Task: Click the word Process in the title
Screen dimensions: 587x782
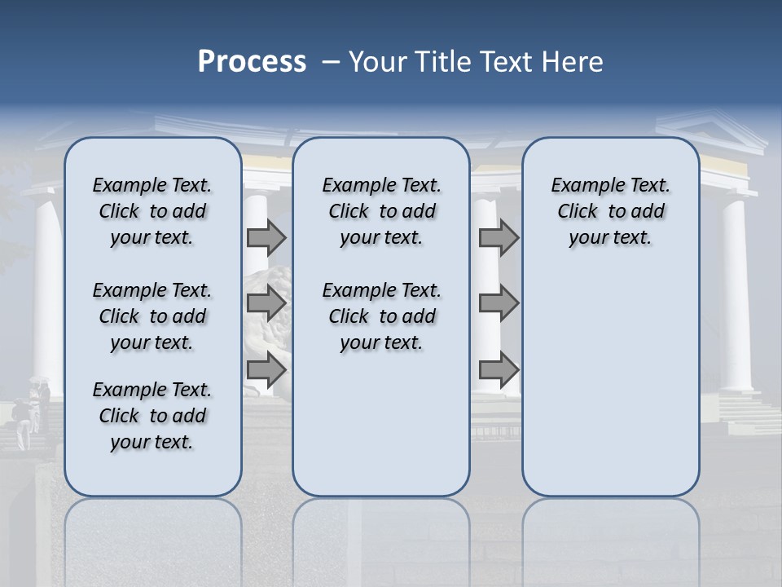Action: (x=252, y=62)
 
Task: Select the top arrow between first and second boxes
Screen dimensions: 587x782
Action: (x=266, y=237)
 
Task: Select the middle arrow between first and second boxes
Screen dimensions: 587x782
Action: (x=266, y=303)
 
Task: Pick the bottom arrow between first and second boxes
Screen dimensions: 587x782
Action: (x=266, y=370)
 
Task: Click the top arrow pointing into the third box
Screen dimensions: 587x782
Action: (x=499, y=237)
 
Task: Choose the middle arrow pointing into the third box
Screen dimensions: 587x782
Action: (x=499, y=303)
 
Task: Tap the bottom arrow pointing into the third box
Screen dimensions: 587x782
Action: (x=499, y=370)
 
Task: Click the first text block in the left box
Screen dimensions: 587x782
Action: (x=152, y=211)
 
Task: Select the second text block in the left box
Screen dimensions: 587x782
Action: (x=152, y=316)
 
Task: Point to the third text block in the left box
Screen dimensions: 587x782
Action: (x=152, y=416)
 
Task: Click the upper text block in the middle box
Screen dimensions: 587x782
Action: (x=381, y=211)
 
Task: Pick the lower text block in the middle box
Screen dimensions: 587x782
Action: (x=381, y=316)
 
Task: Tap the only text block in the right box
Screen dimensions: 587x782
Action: (x=611, y=211)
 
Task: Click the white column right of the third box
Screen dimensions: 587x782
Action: (x=736, y=293)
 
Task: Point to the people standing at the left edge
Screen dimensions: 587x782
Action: (x=31, y=412)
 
